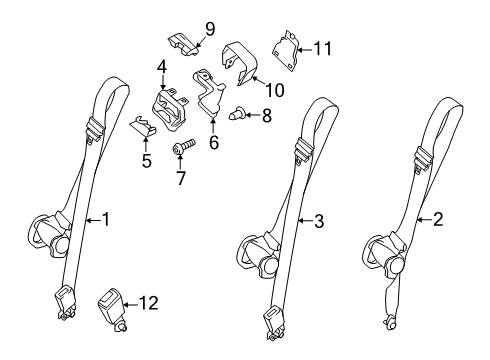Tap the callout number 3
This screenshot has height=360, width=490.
(x=318, y=221)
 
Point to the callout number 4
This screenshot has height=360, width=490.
(x=159, y=69)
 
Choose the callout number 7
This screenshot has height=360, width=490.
(x=181, y=179)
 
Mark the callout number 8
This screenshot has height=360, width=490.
(x=266, y=115)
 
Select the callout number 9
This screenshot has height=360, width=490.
(x=209, y=27)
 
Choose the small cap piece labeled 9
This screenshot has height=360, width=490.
(x=183, y=43)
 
